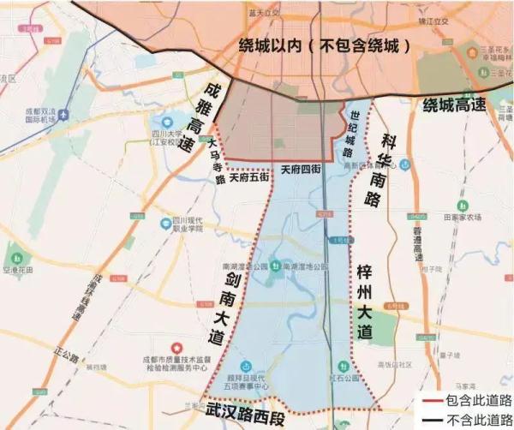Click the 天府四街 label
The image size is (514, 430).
pyautogui.click(x=301, y=171)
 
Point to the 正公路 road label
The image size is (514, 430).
pyautogui.click(x=64, y=354)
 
